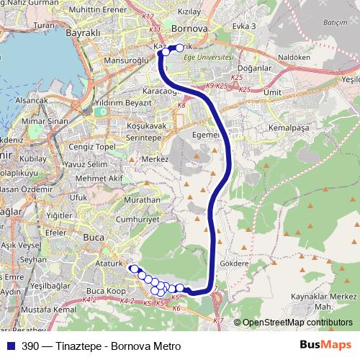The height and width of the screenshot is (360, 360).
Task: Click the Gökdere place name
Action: tap(233, 264)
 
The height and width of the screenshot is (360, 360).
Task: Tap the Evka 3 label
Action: tap(244, 26)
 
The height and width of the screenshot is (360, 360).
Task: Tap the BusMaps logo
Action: tap(328, 346)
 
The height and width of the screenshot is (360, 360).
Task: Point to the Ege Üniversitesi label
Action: tap(204, 56)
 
